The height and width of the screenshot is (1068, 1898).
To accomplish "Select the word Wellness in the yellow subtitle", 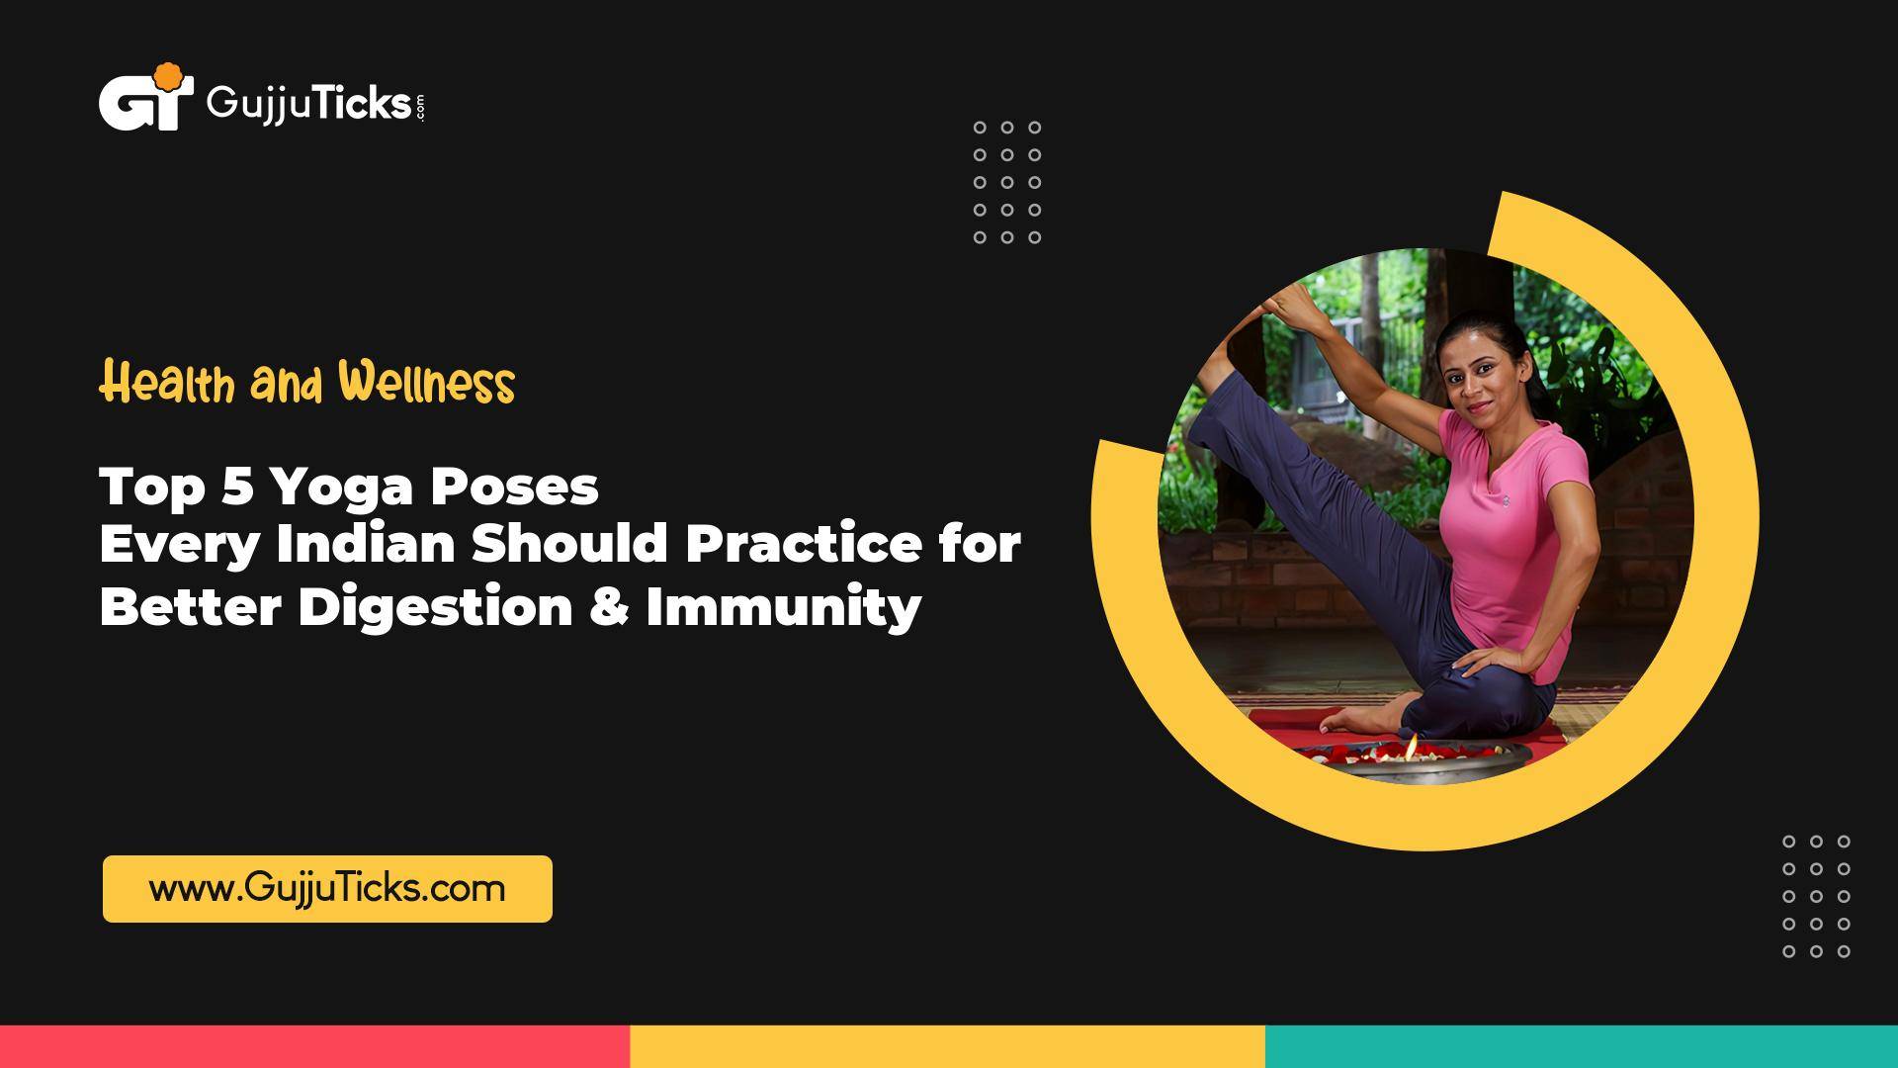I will click(426, 384).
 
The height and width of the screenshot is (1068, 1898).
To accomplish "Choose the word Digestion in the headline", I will click(435, 606).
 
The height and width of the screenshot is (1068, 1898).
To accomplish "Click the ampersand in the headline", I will click(611, 606).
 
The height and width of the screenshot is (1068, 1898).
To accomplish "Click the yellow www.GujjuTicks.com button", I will click(327, 888).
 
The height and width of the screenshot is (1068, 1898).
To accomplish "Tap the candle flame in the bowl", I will click(1412, 744).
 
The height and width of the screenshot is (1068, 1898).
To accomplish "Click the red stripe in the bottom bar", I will click(314, 1046).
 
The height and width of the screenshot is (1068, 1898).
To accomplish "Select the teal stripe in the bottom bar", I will click(1582, 1046).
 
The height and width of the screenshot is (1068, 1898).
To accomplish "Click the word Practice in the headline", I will click(803, 545).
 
